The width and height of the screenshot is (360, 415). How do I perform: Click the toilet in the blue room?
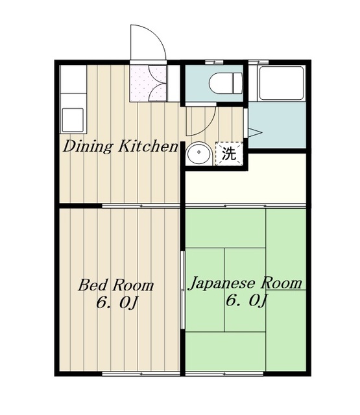click(226, 83)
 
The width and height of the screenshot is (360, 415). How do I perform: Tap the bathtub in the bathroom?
click(282, 83)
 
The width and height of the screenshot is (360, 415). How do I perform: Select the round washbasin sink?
click(199, 153)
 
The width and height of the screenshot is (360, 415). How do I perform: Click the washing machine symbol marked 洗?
click(229, 154)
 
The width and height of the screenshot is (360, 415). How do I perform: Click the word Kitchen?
click(148, 146)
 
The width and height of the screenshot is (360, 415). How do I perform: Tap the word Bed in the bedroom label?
click(93, 285)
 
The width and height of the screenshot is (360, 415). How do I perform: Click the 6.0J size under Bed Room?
click(117, 303)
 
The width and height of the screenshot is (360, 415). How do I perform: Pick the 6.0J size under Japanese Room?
click(246, 300)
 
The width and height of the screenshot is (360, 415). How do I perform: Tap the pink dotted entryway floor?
click(148, 83)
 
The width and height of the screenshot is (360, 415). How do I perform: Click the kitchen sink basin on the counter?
click(73, 120)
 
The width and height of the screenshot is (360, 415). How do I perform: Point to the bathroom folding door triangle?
click(255, 132)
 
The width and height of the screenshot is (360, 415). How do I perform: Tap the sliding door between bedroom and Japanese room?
click(182, 290)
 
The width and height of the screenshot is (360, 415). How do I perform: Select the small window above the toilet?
click(214, 62)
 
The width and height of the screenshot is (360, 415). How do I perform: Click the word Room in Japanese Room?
click(281, 283)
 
